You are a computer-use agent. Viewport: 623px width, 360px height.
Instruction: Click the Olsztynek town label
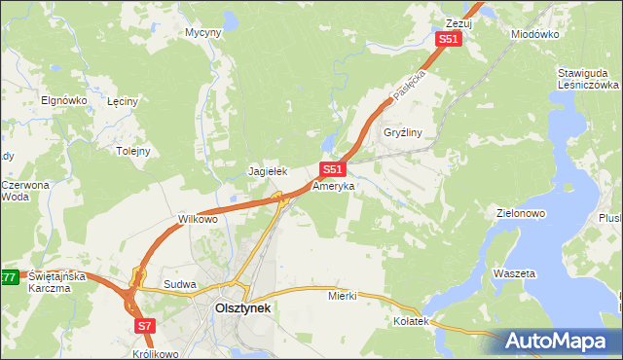pyautogui.click(x=242, y=308)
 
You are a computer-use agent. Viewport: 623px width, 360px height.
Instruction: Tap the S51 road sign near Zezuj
pyautogui.click(x=447, y=39)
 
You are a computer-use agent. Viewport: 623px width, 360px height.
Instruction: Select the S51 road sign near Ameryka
pyautogui.click(x=332, y=169)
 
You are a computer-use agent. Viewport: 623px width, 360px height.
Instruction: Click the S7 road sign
pyautogui.click(x=144, y=326)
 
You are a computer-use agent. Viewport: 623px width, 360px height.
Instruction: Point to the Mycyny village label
pyautogui.click(x=203, y=32)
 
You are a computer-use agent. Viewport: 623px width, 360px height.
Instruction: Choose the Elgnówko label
pyautogui.click(x=65, y=100)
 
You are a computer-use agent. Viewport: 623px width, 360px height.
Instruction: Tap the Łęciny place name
pyautogui.click(x=125, y=100)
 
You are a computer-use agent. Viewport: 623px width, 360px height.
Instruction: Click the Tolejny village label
pyautogui.click(x=133, y=151)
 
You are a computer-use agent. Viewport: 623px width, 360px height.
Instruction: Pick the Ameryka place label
pyautogui.click(x=334, y=184)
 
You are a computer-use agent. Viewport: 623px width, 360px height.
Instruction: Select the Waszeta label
pyautogui.click(x=514, y=274)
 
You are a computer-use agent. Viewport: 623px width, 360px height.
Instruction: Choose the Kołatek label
pyautogui.click(x=411, y=320)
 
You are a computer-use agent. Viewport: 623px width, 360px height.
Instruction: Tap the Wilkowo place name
pyautogui.click(x=198, y=219)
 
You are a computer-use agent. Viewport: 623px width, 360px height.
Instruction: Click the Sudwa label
pyautogui.click(x=180, y=285)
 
